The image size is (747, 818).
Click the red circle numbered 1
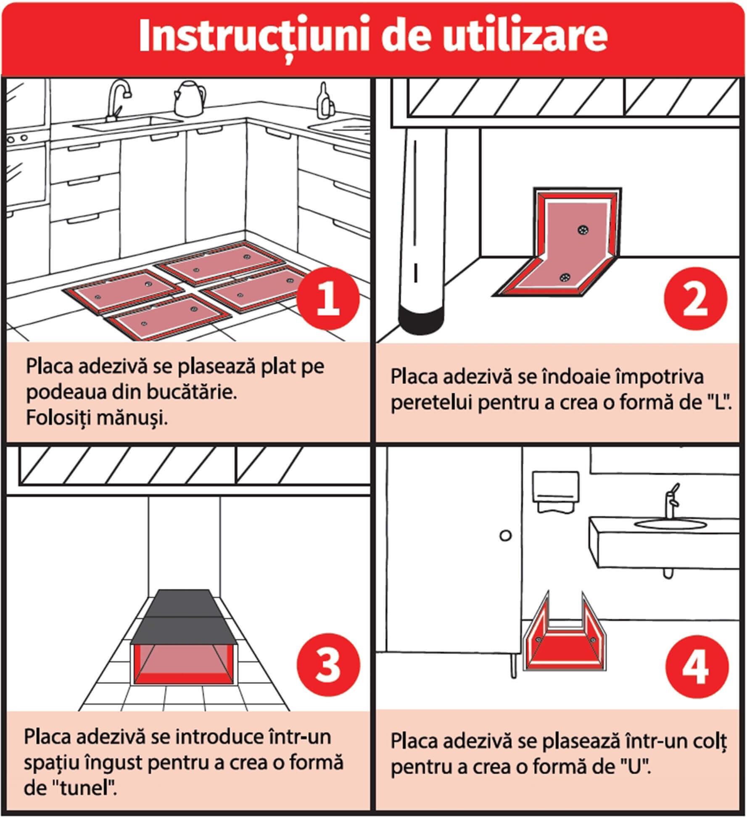(x=328, y=299)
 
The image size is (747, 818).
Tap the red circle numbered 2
(x=695, y=299)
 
